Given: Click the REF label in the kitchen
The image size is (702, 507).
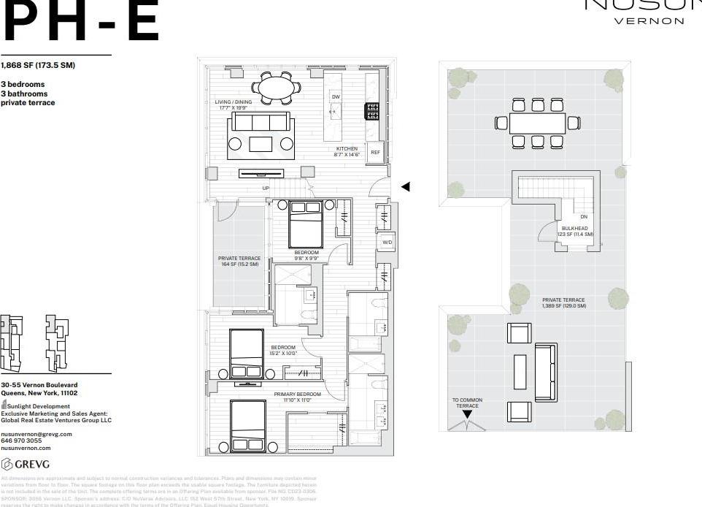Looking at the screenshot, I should pyautogui.click(x=375, y=153).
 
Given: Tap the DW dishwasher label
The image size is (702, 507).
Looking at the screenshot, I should pyautogui.click(x=336, y=96).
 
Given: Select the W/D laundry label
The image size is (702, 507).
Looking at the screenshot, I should pyautogui.click(x=386, y=242).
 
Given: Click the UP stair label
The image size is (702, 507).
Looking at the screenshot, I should pyautogui.click(x=266, y=188).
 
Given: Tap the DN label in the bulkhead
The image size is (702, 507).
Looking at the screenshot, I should pyautogui.click(x=583, y=217).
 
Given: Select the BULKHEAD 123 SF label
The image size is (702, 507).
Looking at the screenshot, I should pyautogui.click(x=575, y=232).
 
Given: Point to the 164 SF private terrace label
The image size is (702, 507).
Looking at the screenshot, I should pyautogui.click(x=239, y=261).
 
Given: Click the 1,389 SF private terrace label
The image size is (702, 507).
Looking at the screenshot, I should pyautogui.click(x=563, y=302).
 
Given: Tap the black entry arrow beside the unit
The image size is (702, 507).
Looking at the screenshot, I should pyautogui.click(x=406, y=187).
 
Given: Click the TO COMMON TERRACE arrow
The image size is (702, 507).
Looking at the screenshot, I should pyautogui.click(x=467, y=414).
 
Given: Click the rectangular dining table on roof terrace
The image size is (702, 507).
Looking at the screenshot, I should pyautogui.click(x=537, y=123).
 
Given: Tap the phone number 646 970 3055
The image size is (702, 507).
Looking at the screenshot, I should pyautogui.click(x=21, y=441).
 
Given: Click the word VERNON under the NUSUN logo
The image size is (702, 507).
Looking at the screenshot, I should pyautogui.click(x=650, y=21).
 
